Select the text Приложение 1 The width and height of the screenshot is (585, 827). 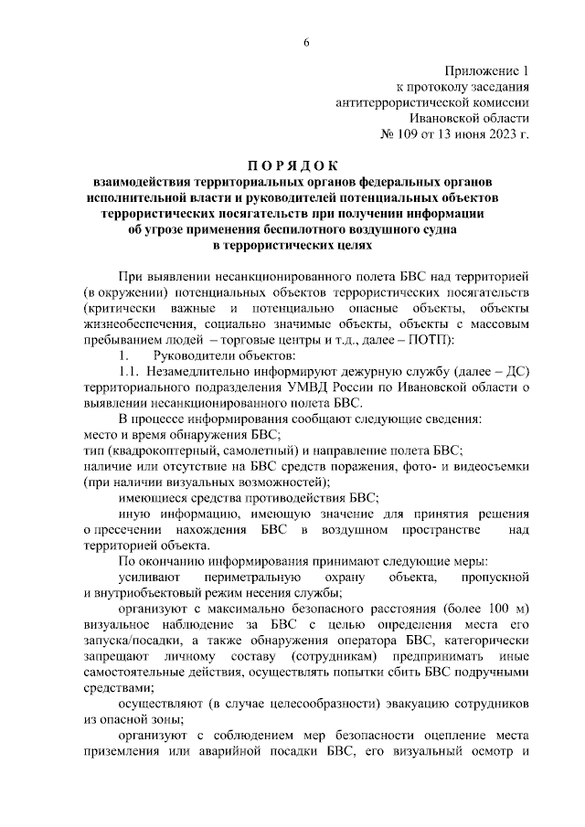click(486, 70)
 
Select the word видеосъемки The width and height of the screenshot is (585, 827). click(492, 467)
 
